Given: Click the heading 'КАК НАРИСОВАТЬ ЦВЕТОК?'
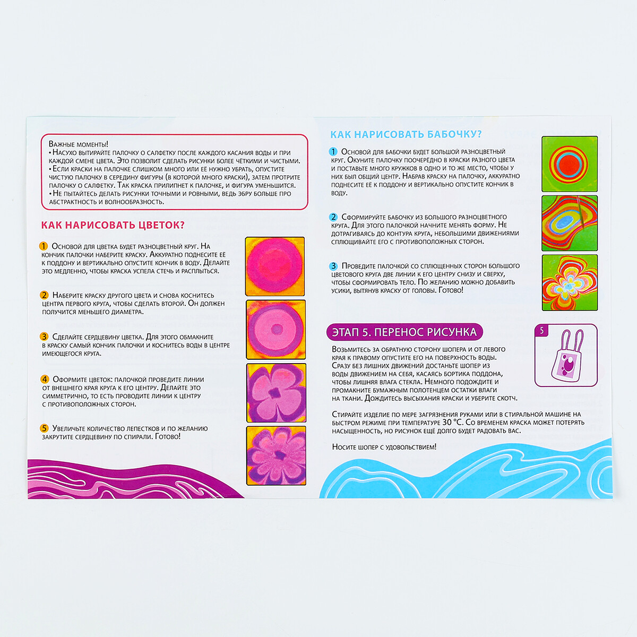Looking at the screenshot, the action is click(113, 225).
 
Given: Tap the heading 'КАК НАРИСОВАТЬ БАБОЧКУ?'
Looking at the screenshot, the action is click(406, 134).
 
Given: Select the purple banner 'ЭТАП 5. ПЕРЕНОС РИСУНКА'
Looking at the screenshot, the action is click(404, 332).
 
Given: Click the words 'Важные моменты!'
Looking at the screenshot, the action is click(79, 144).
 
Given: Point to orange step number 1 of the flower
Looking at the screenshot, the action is click(44, 246).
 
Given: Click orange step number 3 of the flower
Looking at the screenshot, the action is click(44, 337).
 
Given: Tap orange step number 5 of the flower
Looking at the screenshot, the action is click(44, 428).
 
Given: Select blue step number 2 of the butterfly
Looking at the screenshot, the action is click(333, 217).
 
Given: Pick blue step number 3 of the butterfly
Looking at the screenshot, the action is click(333, 266).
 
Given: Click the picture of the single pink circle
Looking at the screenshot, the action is click(274, 266).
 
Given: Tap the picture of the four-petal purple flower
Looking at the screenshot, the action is click(276, 393).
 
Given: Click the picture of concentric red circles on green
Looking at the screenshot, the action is click(570, 164).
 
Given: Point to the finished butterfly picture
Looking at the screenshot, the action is click(570, 282).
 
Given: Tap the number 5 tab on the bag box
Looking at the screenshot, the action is click(541, 331).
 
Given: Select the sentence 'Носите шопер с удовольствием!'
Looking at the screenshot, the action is click(384, 447).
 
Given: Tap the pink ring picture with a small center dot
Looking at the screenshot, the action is click(276, 330).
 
